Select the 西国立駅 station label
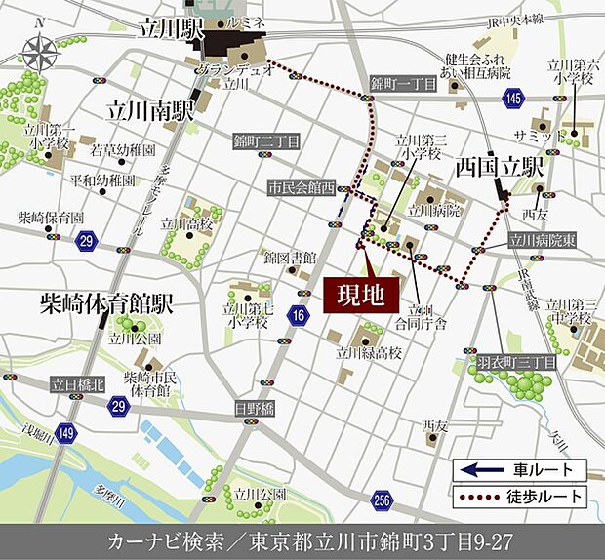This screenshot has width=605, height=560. click(x=500, y=167)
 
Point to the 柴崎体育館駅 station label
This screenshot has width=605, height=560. click(x=107, y=304)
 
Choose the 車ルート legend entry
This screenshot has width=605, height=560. click(x=518, y=470)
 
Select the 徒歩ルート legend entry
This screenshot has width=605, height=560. click(x=518, y=497)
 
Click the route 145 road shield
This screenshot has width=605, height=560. click(x=515, y=98)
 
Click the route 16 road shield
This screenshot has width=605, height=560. click(x=299, y=315)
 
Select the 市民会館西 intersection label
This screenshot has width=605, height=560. click(x=302, y=186)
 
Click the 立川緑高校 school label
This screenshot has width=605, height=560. click(x=368, y=354)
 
